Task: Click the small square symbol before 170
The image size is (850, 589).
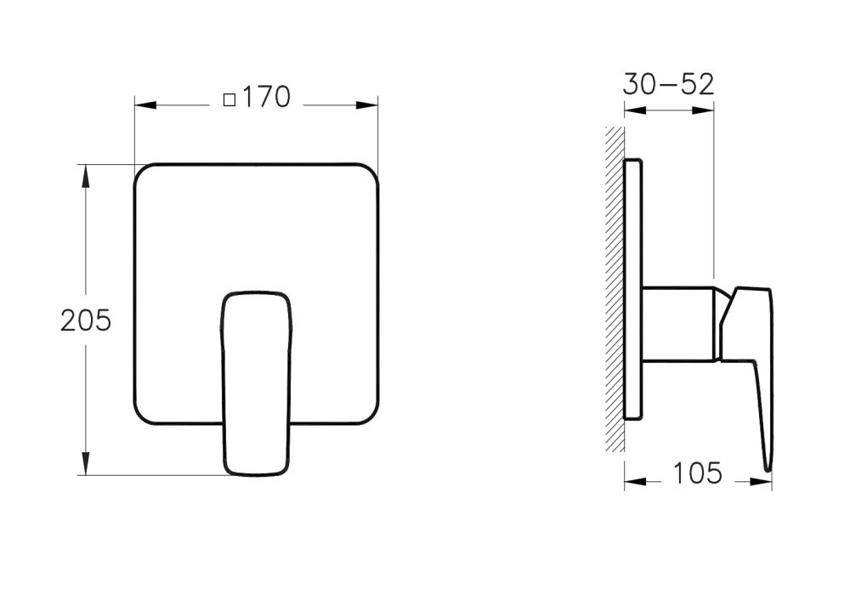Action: tap(229, 99)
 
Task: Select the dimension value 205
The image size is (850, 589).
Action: tap(86, 320)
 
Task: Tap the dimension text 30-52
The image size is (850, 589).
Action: tap(668, 84)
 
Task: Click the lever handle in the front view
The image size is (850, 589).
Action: tap(257, 382)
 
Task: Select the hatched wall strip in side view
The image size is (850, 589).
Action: tap(614, 289)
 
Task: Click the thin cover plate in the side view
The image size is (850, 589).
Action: tap(633, 289)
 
